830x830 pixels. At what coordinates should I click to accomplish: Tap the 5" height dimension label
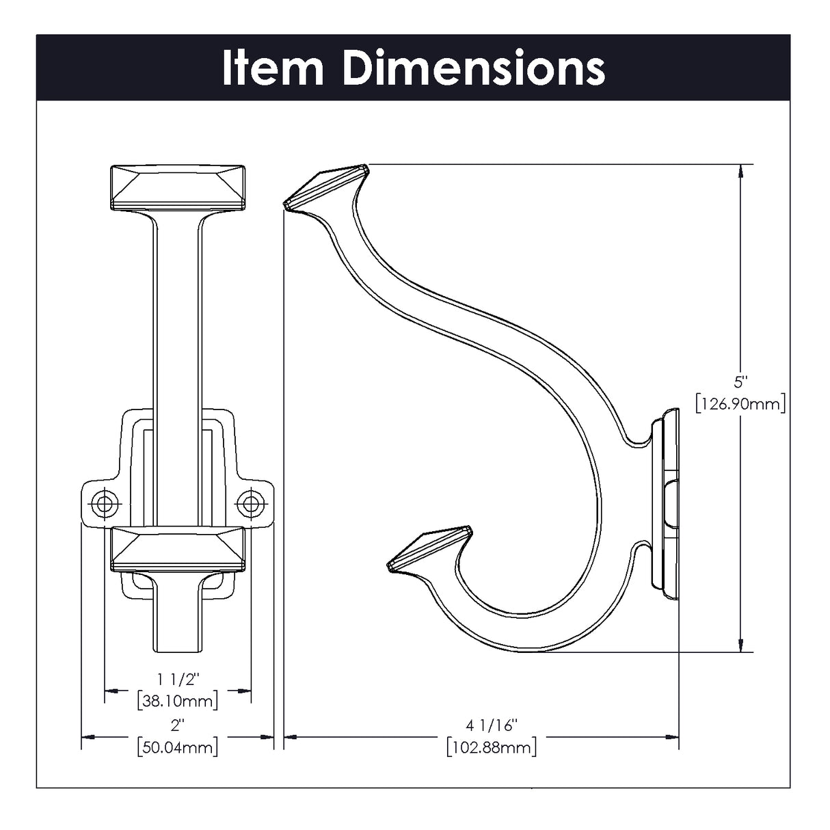pyautogui.click(x=740, y=381)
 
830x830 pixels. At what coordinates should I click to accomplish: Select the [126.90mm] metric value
pyautogui.click(x=740, y=403)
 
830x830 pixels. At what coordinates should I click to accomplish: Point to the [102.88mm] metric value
pyautogui.click(x=491, y=747)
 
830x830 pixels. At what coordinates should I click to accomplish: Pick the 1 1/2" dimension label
pyautogui.click(x=177, y=679)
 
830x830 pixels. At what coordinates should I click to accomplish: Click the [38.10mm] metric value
pyautogui.click(x=177, y=701)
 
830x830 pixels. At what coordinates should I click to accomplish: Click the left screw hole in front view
pyautogui.click(x=104, y=504)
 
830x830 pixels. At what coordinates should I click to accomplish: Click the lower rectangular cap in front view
pyautogui.click(x=177, y=548)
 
